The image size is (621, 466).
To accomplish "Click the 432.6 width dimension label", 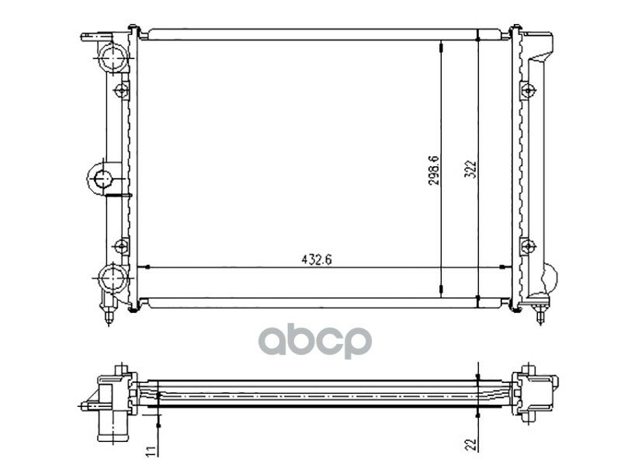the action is (317, 259).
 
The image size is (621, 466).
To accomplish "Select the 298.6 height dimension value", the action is (434, 170).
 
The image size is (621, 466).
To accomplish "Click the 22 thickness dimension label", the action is (470, 444).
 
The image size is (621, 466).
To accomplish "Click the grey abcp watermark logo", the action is (315, 340).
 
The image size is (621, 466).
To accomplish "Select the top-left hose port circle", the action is (113, 57).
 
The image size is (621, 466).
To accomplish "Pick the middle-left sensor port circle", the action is (103, 179).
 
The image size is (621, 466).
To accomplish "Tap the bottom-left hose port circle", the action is (113, 279).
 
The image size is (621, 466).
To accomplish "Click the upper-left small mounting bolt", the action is (121, 91).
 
